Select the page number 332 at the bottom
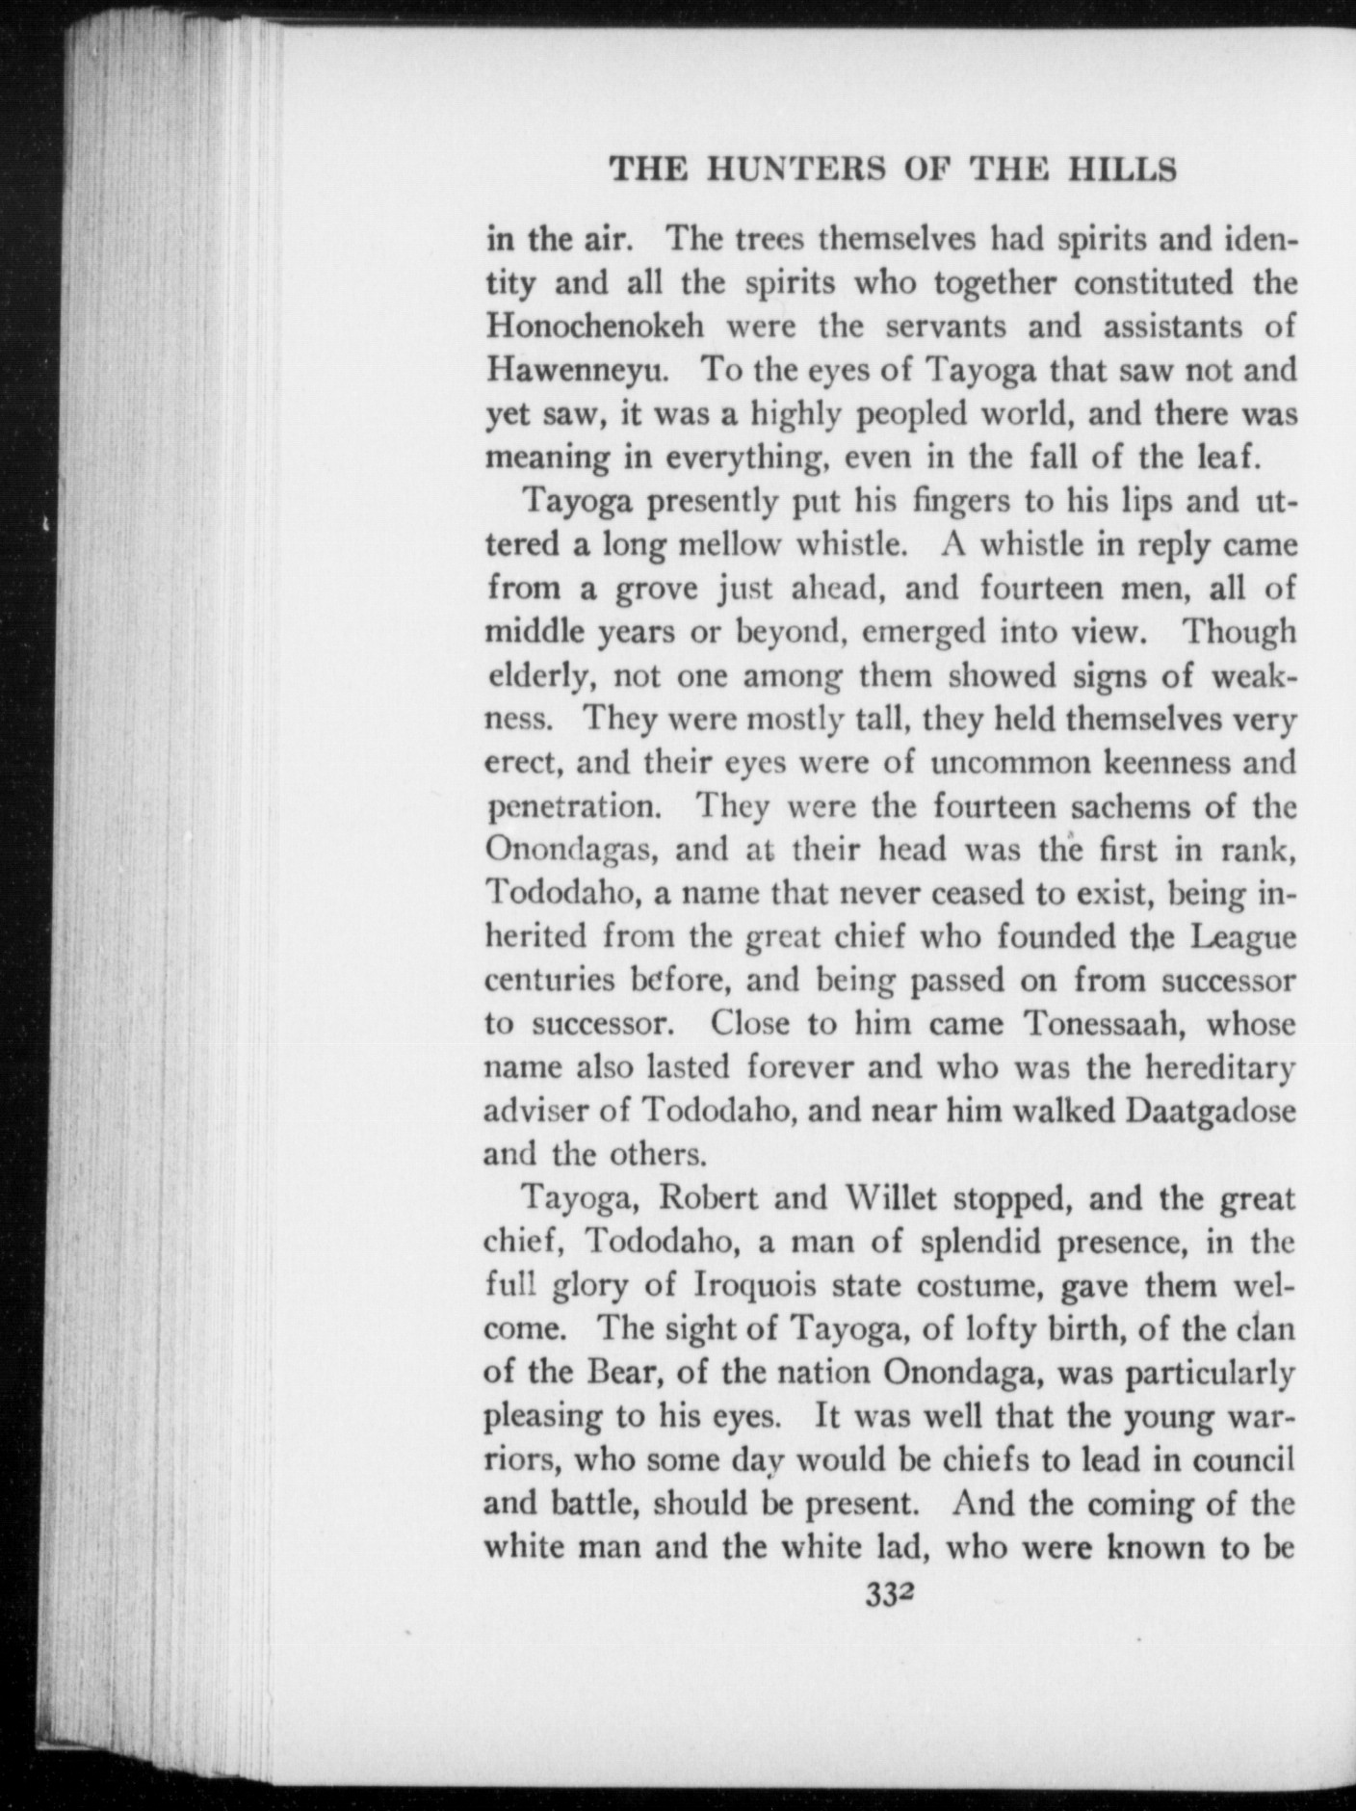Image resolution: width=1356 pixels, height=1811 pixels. pos(887,1596)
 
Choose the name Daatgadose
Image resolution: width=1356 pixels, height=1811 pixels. pos(1210,1112)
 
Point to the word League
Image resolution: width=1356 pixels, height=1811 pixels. pos(1243,937)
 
